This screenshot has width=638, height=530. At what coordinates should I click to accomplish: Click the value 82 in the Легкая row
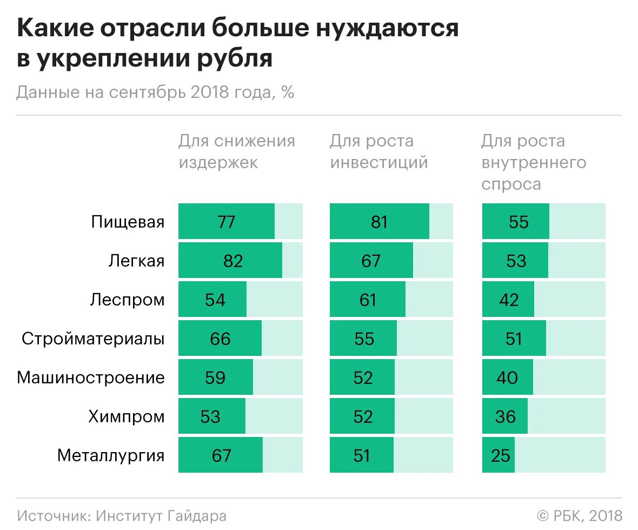[x=232, y=261]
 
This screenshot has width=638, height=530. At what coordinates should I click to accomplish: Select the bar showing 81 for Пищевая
[x=380, y=222]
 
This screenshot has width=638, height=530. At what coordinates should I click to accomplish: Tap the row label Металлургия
[x=111, y=455]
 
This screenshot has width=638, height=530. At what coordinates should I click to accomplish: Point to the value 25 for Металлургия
[x=501, y=455]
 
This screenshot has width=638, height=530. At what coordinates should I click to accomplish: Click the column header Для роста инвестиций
[x=378, y=152]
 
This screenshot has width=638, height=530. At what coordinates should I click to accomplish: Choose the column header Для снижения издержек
[x=237, y=152]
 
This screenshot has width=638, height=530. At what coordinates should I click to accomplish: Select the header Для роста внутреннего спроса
[x=534, y=162]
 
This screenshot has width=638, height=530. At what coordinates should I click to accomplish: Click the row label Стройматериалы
[x=93, y=339]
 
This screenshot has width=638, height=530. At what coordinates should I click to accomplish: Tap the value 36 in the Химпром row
[x=506, y=416]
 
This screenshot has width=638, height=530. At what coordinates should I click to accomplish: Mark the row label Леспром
[x=127, y=300]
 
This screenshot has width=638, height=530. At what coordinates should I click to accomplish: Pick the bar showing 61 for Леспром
[x=368, y=300]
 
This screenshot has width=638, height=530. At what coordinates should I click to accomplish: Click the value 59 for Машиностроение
[x=215, y=377]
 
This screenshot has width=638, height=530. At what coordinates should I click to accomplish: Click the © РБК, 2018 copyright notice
[x=579, y=515]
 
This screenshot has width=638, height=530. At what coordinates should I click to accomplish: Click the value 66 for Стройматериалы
[x=220, y=339]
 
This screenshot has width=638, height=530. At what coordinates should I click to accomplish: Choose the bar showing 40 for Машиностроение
[x=507, y=377]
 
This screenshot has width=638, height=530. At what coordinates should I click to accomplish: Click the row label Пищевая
[x=128, y=222]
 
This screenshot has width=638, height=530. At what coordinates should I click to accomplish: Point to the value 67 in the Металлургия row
[x=221, y=455]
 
